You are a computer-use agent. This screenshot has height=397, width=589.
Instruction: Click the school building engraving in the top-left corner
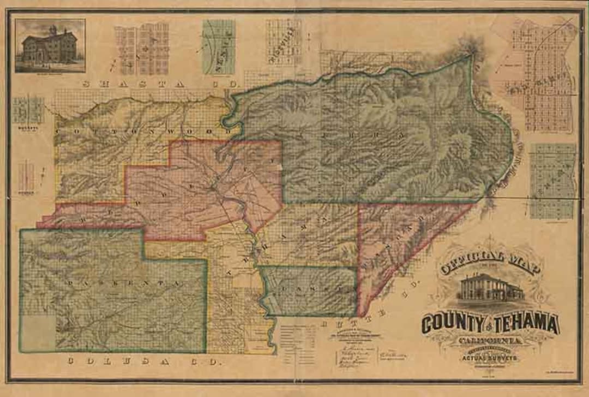(50, 45)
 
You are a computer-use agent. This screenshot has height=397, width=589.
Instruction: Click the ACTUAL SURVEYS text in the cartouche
(489, 359)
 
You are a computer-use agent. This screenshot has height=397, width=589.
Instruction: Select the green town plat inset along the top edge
(219, 47)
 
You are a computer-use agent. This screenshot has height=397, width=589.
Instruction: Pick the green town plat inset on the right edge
(552, 181)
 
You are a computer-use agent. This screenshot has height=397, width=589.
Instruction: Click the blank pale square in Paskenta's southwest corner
(38, 333)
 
